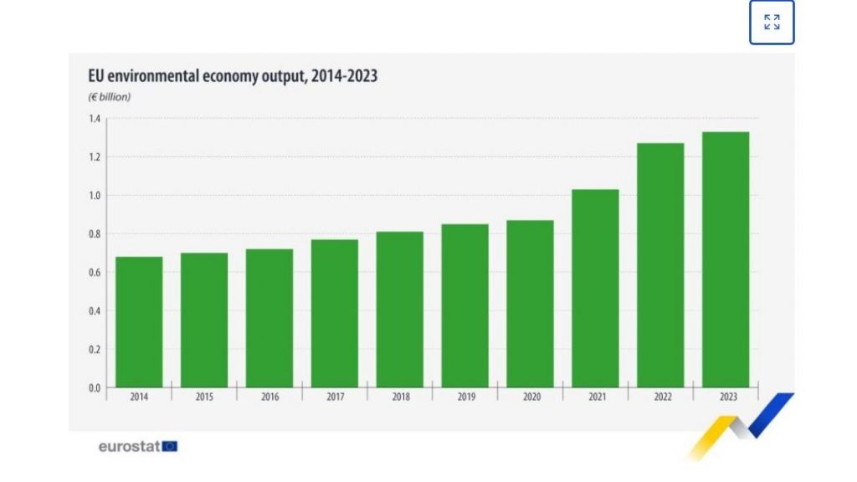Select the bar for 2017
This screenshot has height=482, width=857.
coord(335,314)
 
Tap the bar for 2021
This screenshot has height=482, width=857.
coord(595,289)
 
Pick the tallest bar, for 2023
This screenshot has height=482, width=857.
coord(726,259)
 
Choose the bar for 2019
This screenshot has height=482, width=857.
coord(465,305)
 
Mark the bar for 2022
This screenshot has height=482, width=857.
coord(660,265)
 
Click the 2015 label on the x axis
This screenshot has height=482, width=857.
coord(204,397)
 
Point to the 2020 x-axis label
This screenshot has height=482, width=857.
coord(531,397)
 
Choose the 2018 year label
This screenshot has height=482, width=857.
coord(400,397)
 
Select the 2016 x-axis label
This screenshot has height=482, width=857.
coord(269,397)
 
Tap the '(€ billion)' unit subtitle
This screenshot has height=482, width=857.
coord(110,97)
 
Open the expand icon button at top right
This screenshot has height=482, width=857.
coord(772,23)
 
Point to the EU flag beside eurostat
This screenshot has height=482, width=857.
coord(170,446)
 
